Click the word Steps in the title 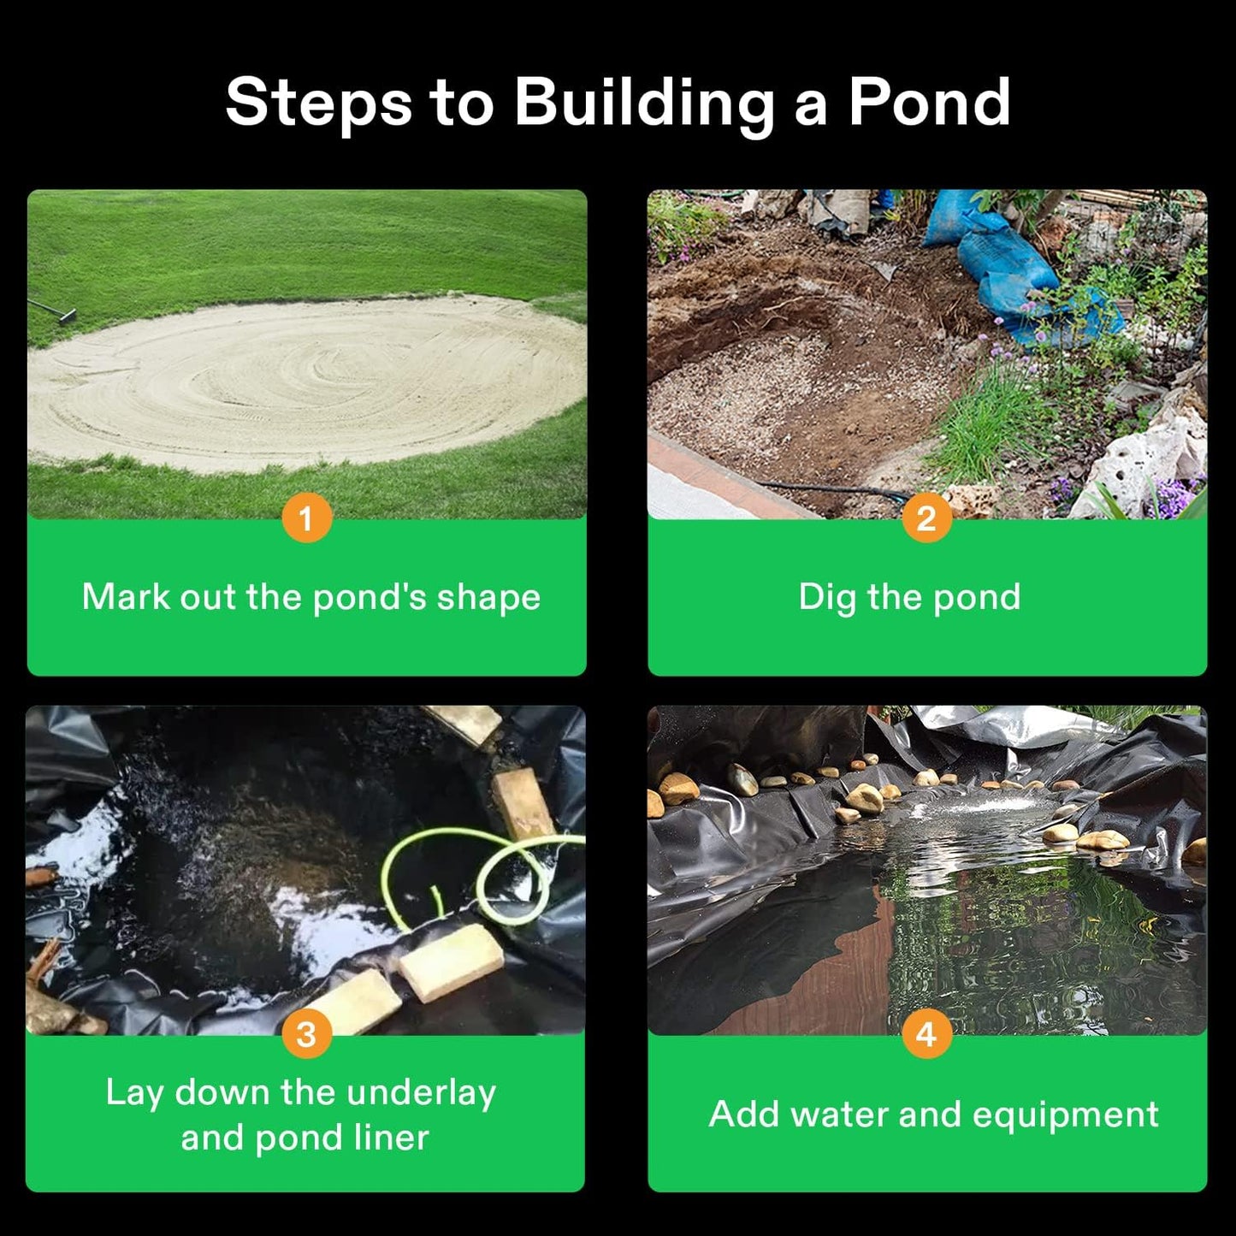[x=318, y=103]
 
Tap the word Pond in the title [x=929, y=103]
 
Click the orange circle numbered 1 [x=306, y=517]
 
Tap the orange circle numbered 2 [x=926, y=517]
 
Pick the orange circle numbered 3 [x=306, y=1033]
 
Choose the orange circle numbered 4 [x=926, y=1033]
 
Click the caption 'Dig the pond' [x=909, y=597]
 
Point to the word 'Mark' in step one [x=126, y=597]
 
